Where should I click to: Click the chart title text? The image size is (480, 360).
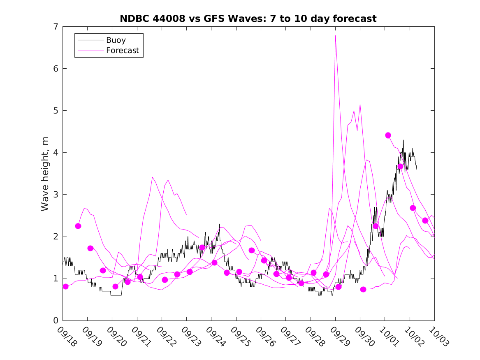click(248, 19)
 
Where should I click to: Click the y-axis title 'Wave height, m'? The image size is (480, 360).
click(45, 174)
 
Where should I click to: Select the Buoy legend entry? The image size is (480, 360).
click(116, 40)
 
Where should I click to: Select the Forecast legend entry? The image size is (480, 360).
click(122, 51)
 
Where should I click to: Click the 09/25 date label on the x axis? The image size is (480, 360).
click(239, 336)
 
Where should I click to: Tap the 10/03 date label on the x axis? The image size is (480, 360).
click(438, 336)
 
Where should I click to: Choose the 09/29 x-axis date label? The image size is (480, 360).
click(339, 336)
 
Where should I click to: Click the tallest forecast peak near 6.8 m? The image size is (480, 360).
click(336, 36)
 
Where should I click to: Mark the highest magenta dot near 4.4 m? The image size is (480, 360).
click(388, 135)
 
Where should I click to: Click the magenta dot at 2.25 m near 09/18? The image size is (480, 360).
click(78, 226)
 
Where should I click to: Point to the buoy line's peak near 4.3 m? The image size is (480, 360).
click(403, 140)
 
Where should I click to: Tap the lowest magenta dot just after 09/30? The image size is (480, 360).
click(363, 289)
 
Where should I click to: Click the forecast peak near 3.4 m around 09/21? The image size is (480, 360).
click(153, 177)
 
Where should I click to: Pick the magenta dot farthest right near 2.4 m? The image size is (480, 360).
click(425, 221)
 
